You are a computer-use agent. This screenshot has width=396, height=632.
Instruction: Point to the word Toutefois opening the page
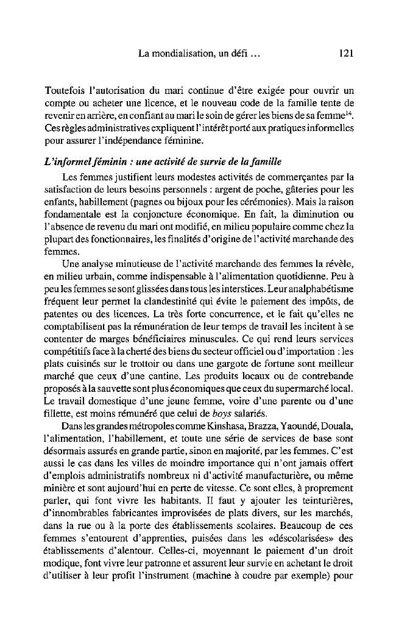[x=66, y=91]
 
